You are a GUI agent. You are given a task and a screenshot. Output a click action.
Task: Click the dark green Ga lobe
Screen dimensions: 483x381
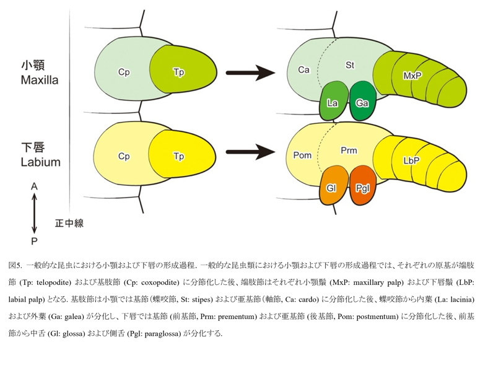tap(363, 101)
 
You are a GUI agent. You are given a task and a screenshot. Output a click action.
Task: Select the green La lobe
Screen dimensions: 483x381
tap(333, 101)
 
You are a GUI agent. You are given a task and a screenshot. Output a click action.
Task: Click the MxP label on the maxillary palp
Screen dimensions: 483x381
tap(412, 76)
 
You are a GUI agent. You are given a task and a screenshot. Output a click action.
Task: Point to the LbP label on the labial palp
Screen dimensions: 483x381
tap(412, 160)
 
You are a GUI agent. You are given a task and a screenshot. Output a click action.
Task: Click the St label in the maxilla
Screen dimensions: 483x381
tap(350, 65)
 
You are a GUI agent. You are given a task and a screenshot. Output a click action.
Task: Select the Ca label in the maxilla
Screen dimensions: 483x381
tap(303, 70)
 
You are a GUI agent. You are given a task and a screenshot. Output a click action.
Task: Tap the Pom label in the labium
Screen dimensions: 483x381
tap(302, 155)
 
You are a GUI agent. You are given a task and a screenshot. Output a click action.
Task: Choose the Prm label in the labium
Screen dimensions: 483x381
tap(349, 151)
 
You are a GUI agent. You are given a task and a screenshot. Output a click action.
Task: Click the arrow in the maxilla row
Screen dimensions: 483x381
tap(250, 73)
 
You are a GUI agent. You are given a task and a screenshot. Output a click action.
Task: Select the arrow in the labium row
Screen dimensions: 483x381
tap(250, 152)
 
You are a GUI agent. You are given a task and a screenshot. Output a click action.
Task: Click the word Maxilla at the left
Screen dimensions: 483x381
tap(40, 80)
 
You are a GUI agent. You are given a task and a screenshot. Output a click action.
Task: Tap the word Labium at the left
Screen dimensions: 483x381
tap(41, 162)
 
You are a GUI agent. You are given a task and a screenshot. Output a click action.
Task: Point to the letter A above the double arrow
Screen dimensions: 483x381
tap(34, 186)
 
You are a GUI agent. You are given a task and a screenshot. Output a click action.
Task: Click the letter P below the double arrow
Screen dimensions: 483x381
tap(34, 241)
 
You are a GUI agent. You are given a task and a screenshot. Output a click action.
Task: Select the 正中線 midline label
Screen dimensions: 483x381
tap(69, 223)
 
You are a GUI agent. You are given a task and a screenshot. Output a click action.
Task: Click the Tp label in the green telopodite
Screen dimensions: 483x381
tap(179, 72)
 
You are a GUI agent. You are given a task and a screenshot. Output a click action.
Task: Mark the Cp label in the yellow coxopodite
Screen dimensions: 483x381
tap(124, 156)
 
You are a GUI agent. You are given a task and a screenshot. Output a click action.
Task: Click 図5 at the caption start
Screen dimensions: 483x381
tap(15, 265)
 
